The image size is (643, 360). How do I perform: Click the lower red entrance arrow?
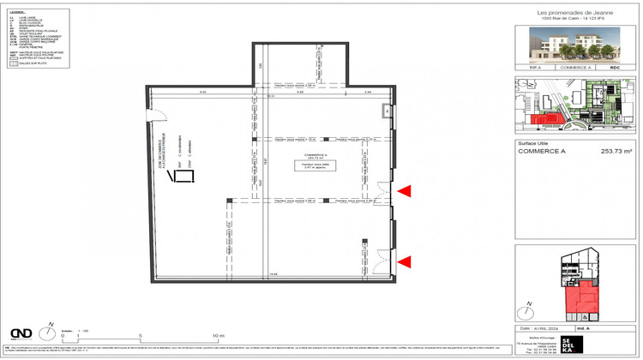[x=402, y=262]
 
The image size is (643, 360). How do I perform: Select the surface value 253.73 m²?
[x=614, y=152]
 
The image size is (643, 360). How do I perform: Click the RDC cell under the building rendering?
[x=614, y=66]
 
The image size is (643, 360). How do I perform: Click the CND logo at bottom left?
[x=22, y=333]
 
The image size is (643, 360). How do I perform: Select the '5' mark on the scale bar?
[x=140, y=335]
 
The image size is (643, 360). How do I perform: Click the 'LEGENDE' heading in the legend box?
[x=16, y=12]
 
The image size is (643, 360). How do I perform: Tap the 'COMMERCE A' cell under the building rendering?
[x=576, y=66]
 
